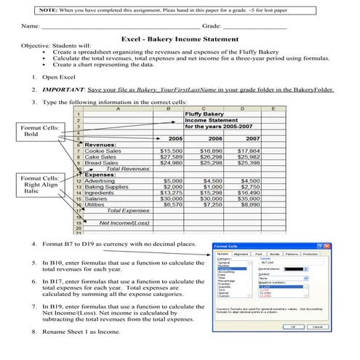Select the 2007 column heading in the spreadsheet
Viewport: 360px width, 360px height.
point(252,138)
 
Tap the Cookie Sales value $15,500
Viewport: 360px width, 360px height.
point(171,151)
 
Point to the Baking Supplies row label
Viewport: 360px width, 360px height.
point(107,186)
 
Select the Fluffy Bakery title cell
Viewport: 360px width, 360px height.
point(203,113)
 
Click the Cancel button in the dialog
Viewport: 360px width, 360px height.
point(313,327)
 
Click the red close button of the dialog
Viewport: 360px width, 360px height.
point(324,247)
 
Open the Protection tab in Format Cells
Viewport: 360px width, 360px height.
point(310,255)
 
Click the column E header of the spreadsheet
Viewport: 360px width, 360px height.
point(272,108)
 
